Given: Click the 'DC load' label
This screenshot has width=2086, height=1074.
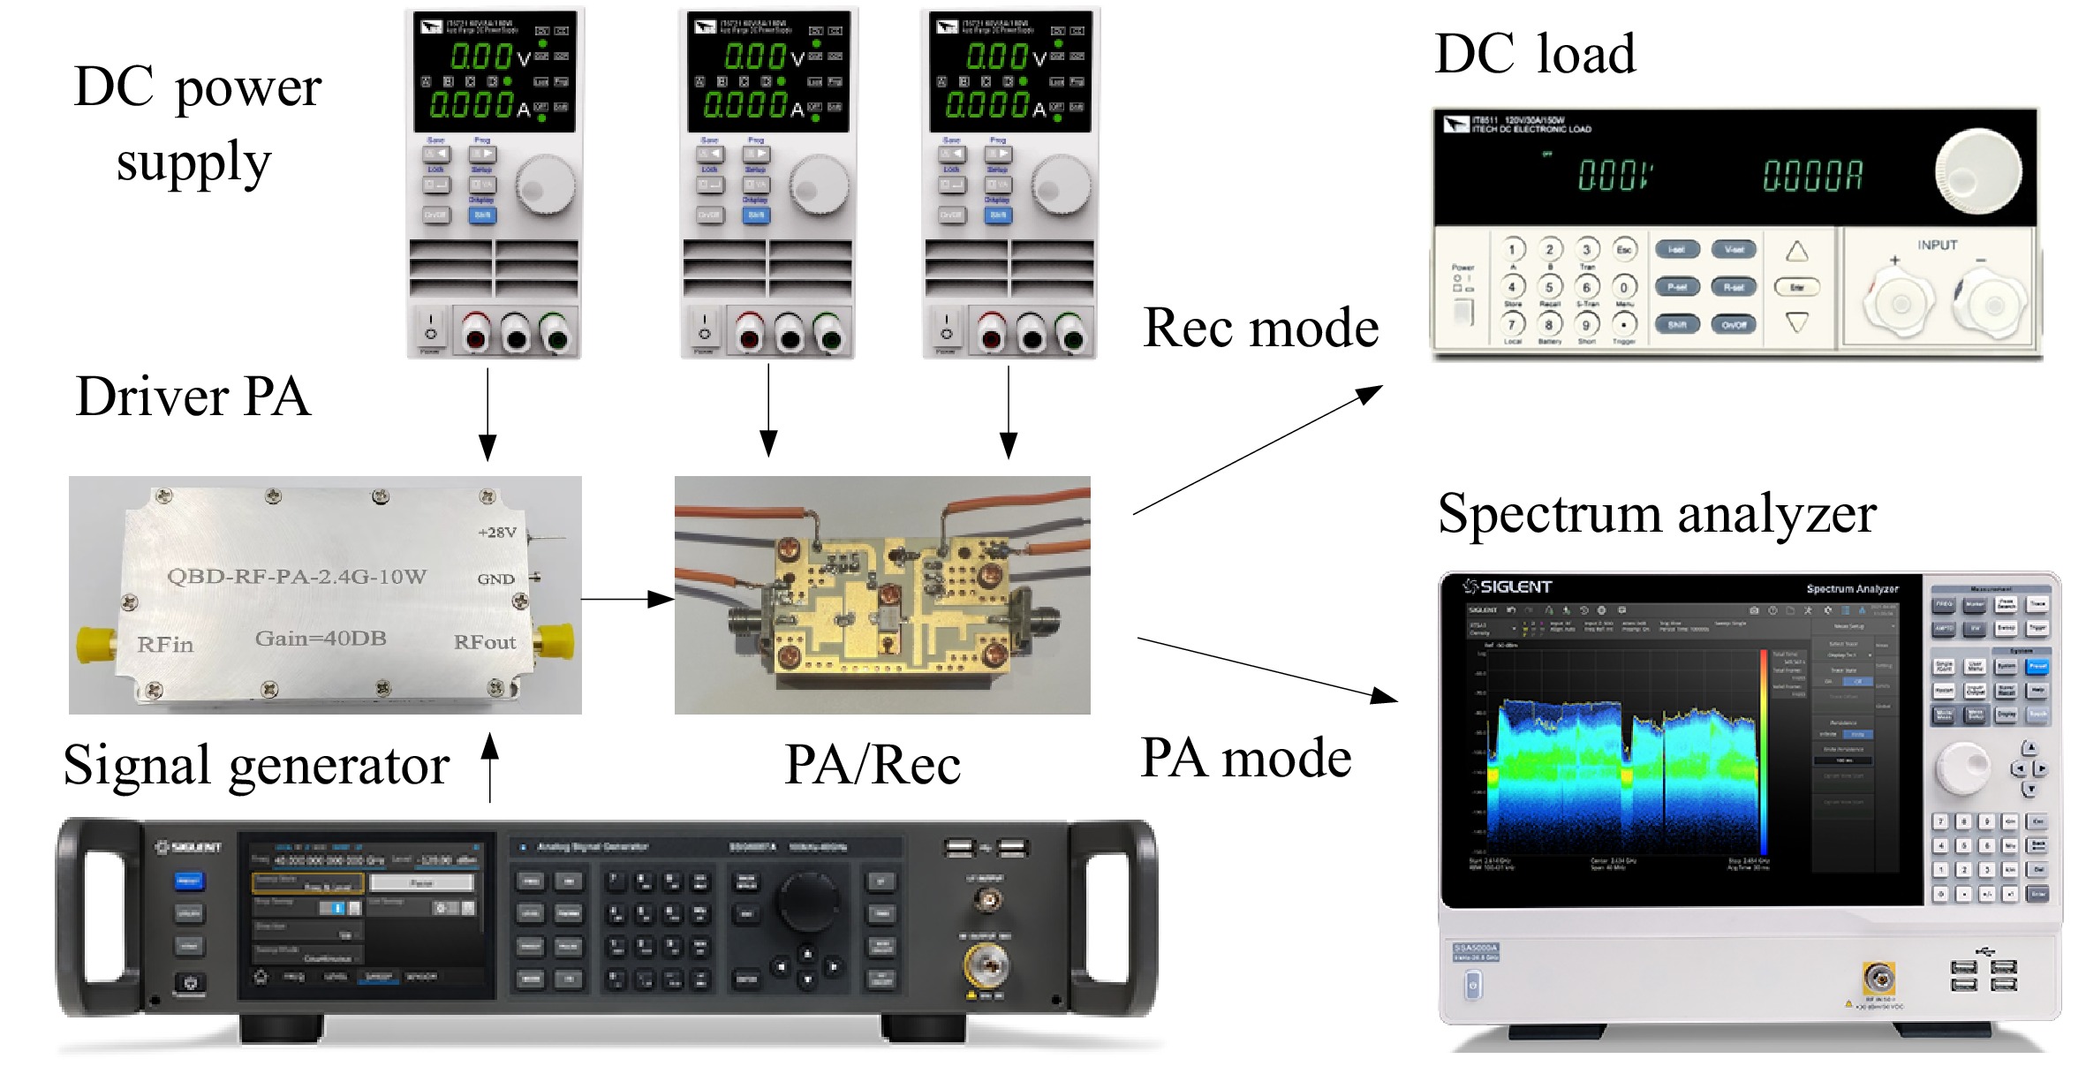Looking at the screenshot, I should point(1535,55).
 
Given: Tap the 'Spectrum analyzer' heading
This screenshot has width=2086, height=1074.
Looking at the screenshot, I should point(1657,514).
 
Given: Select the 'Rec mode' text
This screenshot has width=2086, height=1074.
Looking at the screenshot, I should point(1260,329).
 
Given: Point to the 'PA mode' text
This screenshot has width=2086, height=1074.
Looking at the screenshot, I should point(1245,758).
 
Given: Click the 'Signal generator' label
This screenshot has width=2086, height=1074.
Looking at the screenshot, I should point(256,765).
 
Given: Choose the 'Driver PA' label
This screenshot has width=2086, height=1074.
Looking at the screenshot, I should point(193,397).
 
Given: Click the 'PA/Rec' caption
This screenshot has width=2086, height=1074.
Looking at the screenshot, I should point(873,765).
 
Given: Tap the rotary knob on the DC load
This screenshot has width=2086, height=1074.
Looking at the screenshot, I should point(1977,171).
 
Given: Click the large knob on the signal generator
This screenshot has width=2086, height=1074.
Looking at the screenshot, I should point(807,900).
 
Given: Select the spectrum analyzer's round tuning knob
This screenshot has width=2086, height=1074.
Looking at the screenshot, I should point(1962,767).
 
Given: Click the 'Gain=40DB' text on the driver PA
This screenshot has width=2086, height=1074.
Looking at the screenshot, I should point(321,639).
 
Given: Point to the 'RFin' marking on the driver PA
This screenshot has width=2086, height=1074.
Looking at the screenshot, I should point(165,645).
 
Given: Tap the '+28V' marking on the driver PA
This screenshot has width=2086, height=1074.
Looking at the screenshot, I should point(496,533).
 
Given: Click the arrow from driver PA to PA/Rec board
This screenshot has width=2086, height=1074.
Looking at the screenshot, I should point(628,600).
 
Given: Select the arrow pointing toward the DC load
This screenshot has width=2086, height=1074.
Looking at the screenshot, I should point(1258,450).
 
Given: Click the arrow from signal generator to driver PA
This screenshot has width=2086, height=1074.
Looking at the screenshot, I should point(490,768).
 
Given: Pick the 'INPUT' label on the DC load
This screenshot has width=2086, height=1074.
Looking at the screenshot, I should point(1937,246).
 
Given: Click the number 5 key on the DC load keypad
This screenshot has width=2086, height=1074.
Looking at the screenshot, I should point(1549,287).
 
